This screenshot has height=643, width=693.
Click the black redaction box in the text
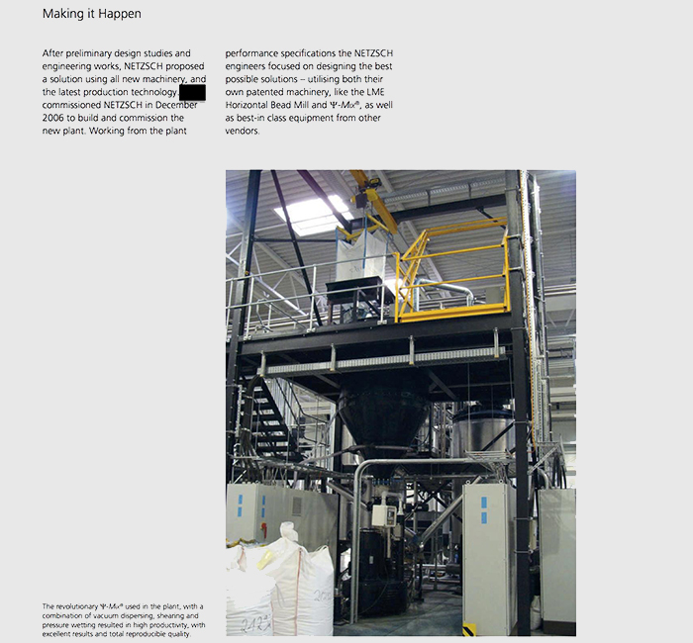pos(192,92)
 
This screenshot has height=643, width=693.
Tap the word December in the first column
pos(177,105)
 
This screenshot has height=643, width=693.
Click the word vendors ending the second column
pos(242,131)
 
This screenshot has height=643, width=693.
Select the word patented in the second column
pos(288,92)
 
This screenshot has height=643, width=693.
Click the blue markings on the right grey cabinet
pos(484,509)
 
